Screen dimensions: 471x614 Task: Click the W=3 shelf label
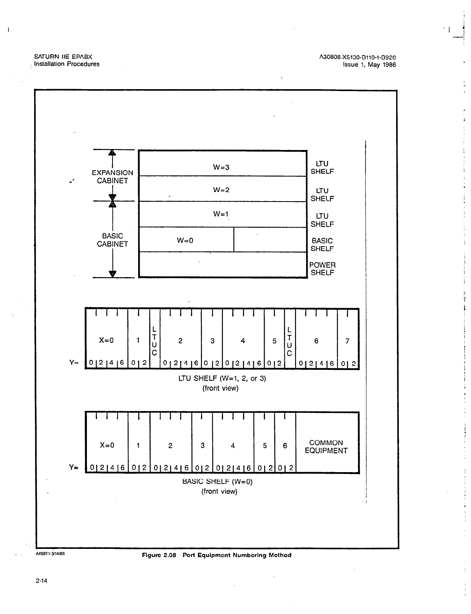(x=221, y=167)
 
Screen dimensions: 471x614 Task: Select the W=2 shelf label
(x=221, y=190)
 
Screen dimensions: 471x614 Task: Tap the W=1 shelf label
(x=221, y=214)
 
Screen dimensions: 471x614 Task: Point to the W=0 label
(x=185, y=240)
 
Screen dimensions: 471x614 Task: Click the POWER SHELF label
(x=322, y=269)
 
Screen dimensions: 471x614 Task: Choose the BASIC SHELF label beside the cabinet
(x=322, y=245)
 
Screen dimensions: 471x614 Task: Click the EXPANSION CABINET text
(x=113, y=177)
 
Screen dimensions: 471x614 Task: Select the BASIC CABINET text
(x=113, y=240)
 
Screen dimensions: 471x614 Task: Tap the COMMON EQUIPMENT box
(x=326, y=447)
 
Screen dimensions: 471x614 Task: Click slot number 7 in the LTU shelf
(x=348, y=341)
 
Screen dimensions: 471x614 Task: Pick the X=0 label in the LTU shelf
(x=106, y=340)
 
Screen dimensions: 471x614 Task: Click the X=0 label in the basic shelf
(x=107, y=445)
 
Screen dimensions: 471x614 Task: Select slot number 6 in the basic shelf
(x=285, y=446)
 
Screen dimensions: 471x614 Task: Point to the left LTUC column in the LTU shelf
(x=154, y=341)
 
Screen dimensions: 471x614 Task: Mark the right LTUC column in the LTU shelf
(x=289, y=341)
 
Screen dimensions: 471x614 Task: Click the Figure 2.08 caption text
(x=216, y=555)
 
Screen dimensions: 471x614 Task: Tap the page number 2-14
(x=41, y=581)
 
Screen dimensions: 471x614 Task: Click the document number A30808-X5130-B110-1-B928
(x=357, y=57)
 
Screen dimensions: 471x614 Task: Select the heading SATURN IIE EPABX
(x=63, y=57)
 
